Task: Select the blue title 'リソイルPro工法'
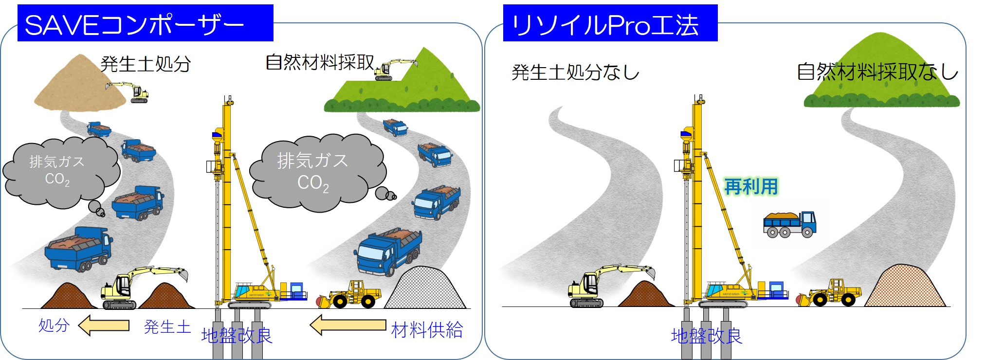point(605,25)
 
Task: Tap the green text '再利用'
point(751,186)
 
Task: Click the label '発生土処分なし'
point(575,72)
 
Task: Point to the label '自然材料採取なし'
point(877,72)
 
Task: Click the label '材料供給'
point(427,330)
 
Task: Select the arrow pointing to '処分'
point(104,325)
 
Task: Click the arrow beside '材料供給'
point(348,325)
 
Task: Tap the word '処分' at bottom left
point(54,325)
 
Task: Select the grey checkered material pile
point(425,288)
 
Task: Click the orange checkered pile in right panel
point(905,286)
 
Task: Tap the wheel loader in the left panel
point(349,294)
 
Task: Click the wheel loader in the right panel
point(829,292)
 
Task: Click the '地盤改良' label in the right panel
point(707,336)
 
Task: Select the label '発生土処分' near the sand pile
point(146,64)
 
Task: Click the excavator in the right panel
point(611,286)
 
